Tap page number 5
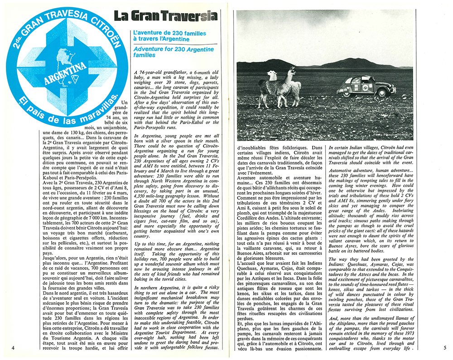coord(444,347)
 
